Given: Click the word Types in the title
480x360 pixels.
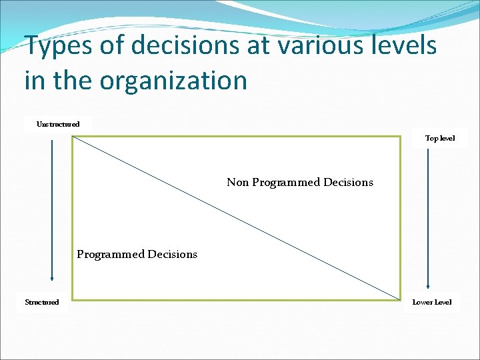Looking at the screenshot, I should [59, 47].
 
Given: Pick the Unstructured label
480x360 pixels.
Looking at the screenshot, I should [58, 124].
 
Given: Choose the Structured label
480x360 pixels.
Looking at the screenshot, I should [42, 302].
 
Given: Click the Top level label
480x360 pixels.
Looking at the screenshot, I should [440, 138].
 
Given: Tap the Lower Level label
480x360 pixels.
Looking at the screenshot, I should [432, 302].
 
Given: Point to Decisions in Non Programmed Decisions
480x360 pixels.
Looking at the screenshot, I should [348, 182].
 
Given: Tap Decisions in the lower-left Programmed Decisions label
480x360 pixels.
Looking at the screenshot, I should [173, 254].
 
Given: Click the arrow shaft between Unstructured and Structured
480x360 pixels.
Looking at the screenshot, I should [52, 207].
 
